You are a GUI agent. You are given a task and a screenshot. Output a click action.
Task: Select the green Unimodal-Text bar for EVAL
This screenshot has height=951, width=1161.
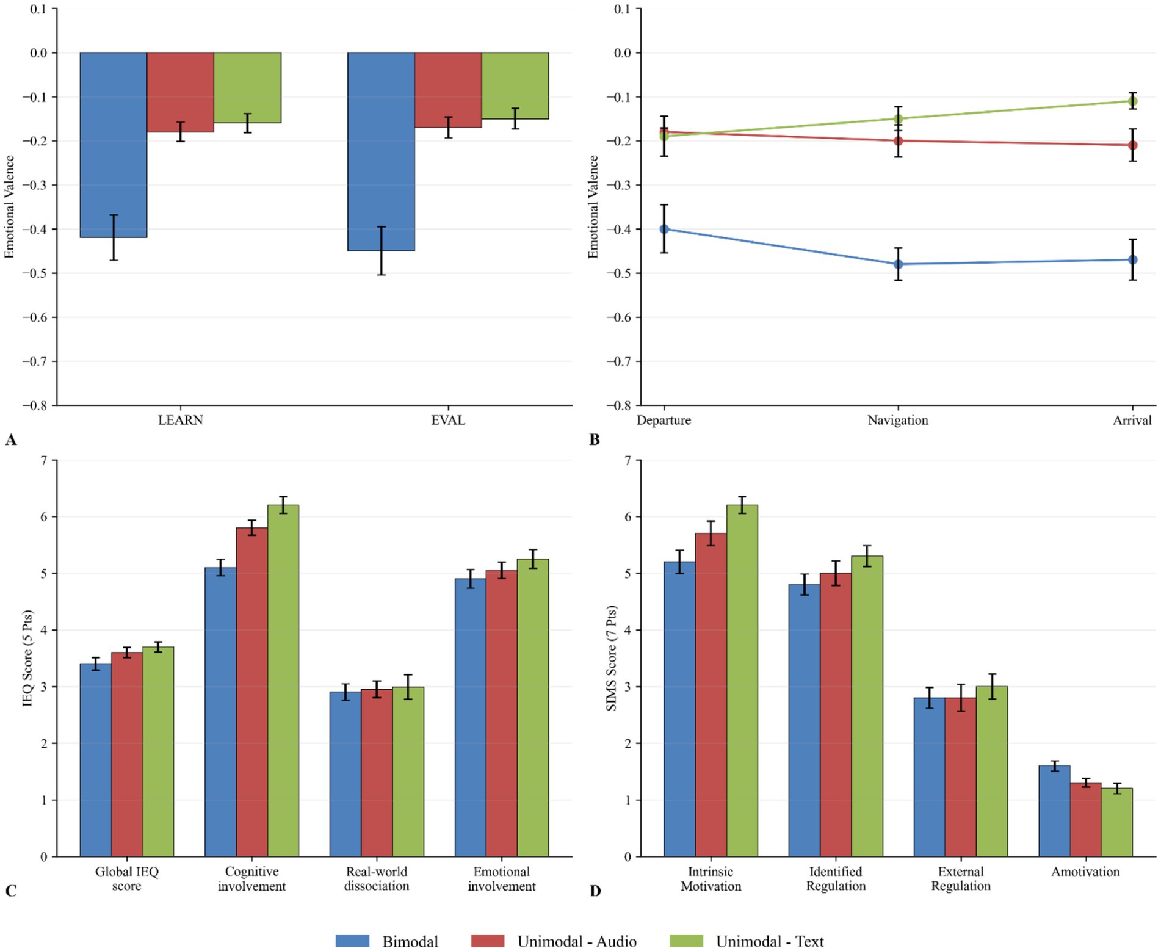point(515,85)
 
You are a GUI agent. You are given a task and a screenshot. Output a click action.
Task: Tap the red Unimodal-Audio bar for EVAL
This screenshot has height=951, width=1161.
point(448,90)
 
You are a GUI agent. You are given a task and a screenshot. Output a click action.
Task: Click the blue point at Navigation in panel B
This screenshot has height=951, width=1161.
point(898,264)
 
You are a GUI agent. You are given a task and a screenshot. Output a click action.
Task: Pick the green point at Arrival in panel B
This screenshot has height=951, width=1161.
point(1133,101)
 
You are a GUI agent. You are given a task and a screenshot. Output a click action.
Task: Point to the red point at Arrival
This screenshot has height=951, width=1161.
point(1133,145)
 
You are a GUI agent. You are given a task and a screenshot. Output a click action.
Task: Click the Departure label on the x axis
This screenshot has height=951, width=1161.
point(664,420)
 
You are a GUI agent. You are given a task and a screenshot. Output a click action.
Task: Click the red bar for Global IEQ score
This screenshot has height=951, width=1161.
point(127,754)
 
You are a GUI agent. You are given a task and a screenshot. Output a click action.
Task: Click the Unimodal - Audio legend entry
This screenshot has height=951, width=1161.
point(576,941)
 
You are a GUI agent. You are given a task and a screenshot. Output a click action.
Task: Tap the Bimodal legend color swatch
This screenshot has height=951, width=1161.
point(352,941)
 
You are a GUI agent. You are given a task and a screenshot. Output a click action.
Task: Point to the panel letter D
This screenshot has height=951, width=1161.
point(595,891)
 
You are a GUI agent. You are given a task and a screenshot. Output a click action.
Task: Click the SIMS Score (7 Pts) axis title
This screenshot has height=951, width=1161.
point(611,658)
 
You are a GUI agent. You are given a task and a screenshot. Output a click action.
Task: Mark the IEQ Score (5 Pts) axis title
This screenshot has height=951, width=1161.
point(27,658)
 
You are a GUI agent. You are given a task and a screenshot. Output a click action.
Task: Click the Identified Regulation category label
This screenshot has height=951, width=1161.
point(835,878)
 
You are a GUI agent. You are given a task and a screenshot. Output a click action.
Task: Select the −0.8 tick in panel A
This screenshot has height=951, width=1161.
point(35,405)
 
